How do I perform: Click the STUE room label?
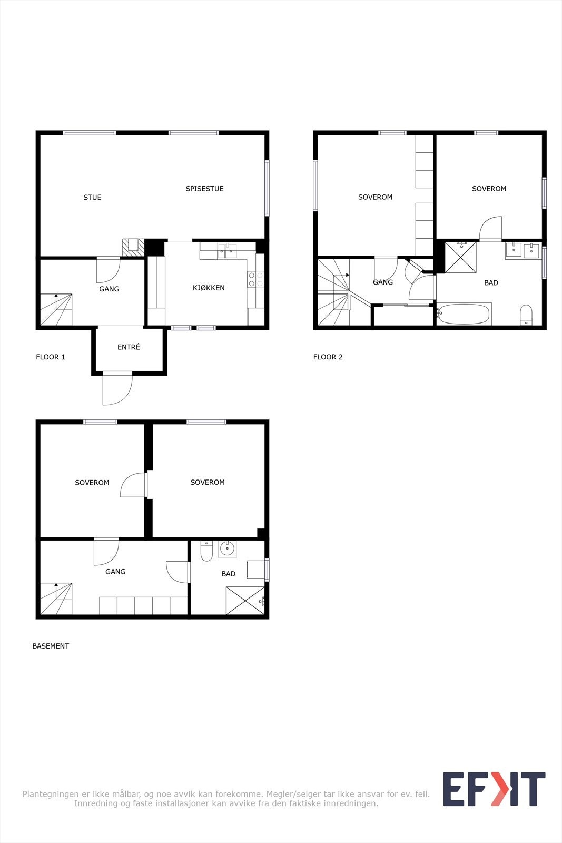pyautogui.click(x=92, y=198)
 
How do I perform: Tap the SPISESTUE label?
pyautogui.click(x=204, y=189)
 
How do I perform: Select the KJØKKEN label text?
pyautogui.click(x=209, y=288)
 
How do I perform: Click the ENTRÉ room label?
pyautogui.click(x=129, y=347)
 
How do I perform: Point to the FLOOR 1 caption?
pyautogui.click(x=51, y=357)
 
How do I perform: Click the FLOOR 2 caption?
pyautogui.click(x=328, y=357)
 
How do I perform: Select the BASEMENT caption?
pyautogui.click(x=51, y=646)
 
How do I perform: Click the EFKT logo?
pyautogui.click(x=494, y=789)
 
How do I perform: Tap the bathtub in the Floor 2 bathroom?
pyautogui.click(x=464, y=315)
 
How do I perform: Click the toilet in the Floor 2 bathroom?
pyautogui.click(x=526, y=315)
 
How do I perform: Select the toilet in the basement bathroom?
pyautogui.click(x=206, y=551)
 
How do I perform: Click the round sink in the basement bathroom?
pyautogui.click(x=228, y=549)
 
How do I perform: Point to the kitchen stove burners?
pyautogui.click(x=255, y=280)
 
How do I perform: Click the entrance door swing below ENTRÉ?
pyautogui.click(x=117, y=389)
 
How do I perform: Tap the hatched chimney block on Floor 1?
pyautogui.click(x=133, y=248)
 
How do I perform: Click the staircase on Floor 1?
pyautogui.click(x=56, y=310)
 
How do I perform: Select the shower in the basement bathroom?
pyautogui.click(x=245, y=601)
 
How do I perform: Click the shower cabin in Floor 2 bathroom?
pyautogui.click(x=460, y=257)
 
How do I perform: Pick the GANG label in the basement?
pyautogui.click(x=115, y=572)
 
